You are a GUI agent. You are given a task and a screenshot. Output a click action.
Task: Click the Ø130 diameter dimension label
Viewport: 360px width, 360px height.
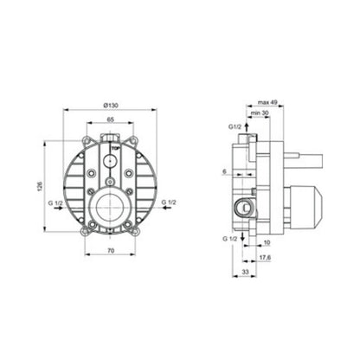click(x=111, y=106)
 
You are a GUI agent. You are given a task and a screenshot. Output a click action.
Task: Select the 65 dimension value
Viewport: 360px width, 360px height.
click(x=111, y=119)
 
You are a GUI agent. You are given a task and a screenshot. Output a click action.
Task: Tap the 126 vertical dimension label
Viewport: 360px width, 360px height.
click(x=40, y=186)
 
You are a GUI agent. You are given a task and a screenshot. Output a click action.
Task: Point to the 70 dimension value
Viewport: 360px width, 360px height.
click(x=111, y=251)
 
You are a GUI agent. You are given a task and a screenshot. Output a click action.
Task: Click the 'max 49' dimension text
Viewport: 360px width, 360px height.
click(x=267, y=102)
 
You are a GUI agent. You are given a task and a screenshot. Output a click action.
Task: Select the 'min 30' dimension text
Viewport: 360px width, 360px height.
click(x=260, y=113)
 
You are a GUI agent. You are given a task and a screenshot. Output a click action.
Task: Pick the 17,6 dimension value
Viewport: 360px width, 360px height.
click(x=265, y=258)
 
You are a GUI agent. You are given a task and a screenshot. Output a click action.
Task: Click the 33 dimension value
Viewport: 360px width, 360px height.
click(x=245, y=272)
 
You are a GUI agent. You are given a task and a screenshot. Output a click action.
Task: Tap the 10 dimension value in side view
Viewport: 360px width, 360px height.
click(x=267, y=242)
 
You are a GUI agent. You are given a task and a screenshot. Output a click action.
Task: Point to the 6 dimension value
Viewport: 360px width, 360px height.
click(x=225, y=171)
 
